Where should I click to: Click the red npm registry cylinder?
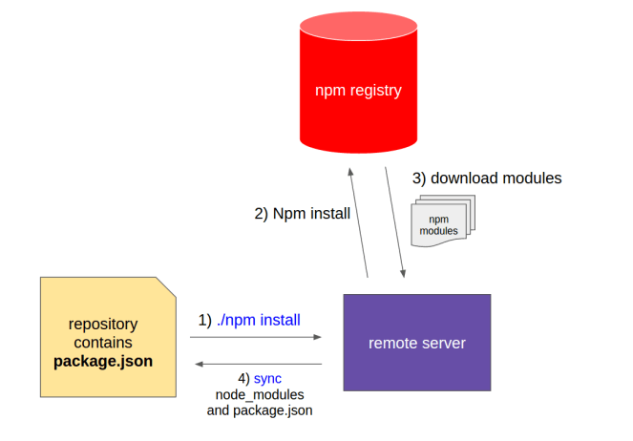358,91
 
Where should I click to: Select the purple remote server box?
416,342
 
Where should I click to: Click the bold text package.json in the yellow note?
103,362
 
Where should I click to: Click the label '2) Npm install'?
302,214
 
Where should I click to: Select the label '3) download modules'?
487,178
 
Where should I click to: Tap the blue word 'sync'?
267,379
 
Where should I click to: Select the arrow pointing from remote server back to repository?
258,364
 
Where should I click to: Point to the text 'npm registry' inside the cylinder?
358,92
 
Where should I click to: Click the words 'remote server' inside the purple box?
416,343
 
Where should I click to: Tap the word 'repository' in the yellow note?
103,324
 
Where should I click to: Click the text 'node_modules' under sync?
260,395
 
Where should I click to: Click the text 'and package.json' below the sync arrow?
260,411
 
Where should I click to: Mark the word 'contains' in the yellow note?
103,343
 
